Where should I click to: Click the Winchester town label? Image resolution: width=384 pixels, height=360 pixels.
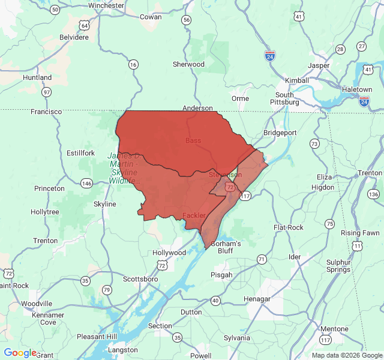coord(106,5)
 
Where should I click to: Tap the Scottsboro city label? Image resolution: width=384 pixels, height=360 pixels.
coord(140,279)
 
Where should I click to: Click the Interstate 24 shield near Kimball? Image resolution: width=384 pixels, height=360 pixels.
coord(270,56)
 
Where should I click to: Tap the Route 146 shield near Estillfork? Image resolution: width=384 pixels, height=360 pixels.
coord(86,183)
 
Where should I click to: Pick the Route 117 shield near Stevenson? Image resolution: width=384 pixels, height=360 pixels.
coord(245,196)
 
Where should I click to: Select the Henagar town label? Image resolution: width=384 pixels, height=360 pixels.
coord(257,299)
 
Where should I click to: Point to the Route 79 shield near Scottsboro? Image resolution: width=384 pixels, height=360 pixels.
coord(107,290)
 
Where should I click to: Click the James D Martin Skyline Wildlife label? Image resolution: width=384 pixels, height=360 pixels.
coord(124,168)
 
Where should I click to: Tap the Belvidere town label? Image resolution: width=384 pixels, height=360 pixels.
coord(74,37)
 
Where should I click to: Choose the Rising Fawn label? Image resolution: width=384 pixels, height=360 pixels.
coord(360,233)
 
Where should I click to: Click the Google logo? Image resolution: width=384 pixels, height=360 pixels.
coord(20,353)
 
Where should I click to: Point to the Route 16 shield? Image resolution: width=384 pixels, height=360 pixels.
coord(133,64)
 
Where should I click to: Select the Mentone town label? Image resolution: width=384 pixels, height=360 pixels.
coord(334,329)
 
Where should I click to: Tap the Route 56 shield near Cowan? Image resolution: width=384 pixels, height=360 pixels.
coord(187,20)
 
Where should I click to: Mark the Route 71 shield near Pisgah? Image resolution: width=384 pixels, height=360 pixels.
coord(262,259)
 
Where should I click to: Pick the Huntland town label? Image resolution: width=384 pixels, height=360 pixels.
coord(37,77)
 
